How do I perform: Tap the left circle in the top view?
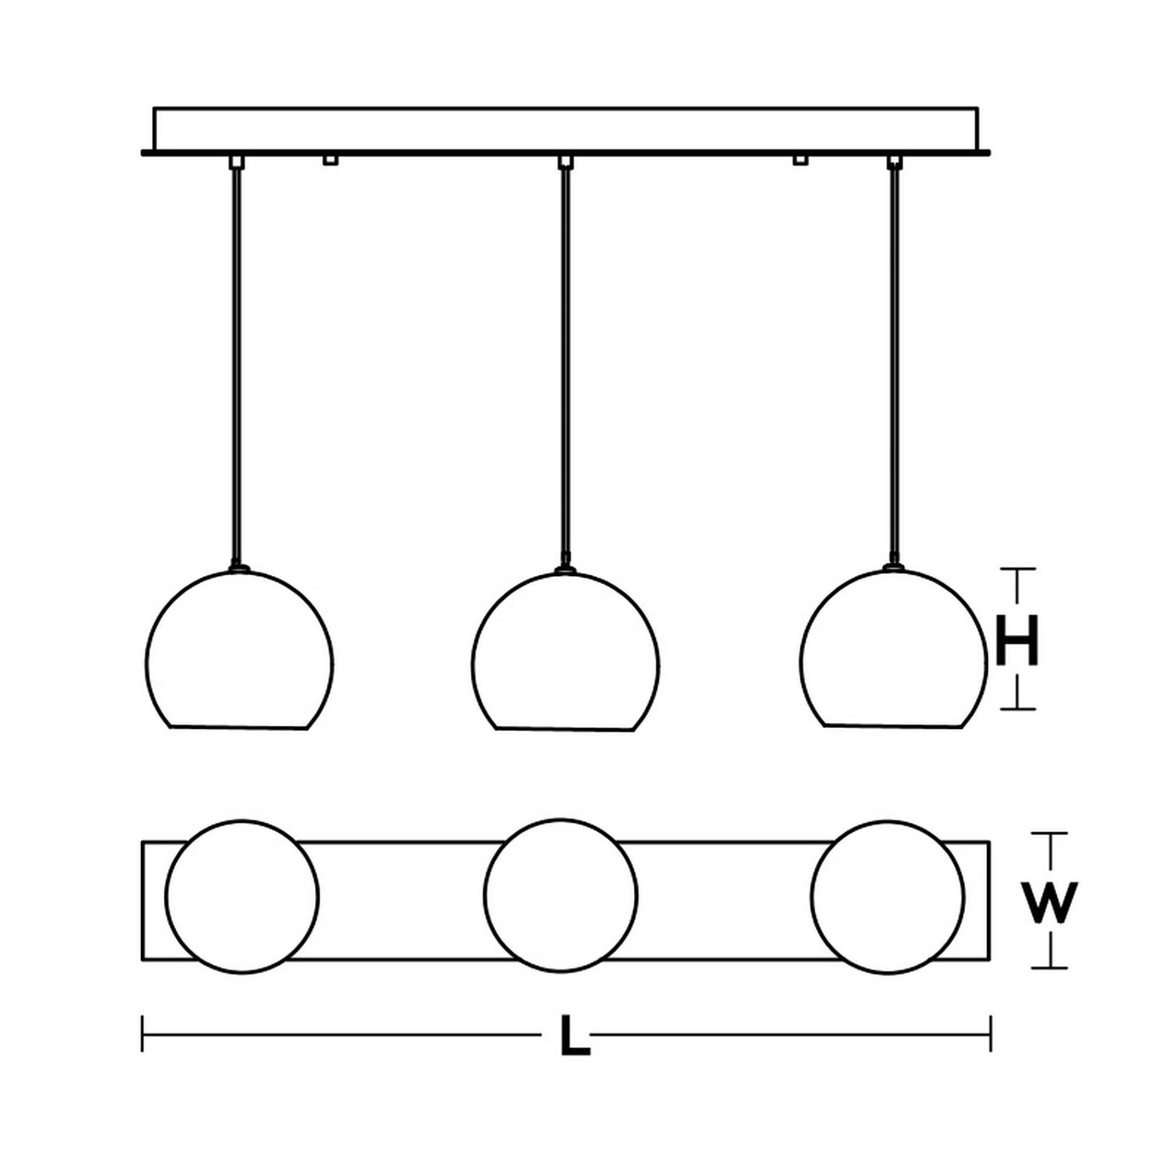point(241,896)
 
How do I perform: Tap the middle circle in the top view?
point(560,895)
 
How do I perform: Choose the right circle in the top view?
point(887,897)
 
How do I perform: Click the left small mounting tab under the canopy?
point(330,160)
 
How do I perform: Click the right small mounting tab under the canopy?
point(800,160)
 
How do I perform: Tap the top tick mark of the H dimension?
point(1018,569)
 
